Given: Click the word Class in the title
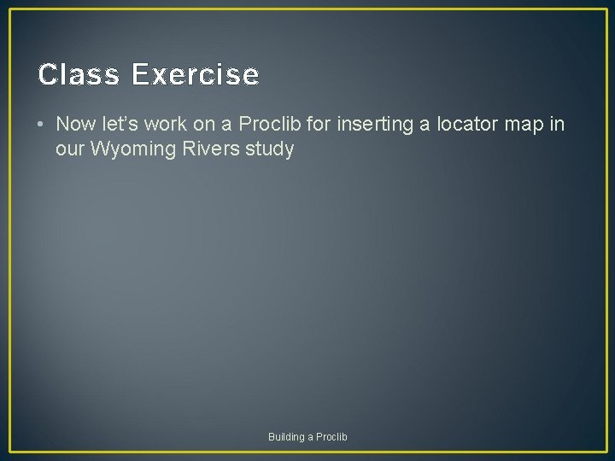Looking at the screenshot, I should click(x=79, y=75).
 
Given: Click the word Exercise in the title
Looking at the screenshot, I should click(x=195, y=75).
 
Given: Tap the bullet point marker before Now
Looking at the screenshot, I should click(x=42, y=125).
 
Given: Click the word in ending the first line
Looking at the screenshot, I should click(x=556, y=124).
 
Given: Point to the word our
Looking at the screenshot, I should click(x=70, y=149).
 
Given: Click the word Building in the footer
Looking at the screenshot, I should click(x=286, y=437).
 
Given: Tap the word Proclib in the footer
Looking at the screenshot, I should click(x=332, y=437).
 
